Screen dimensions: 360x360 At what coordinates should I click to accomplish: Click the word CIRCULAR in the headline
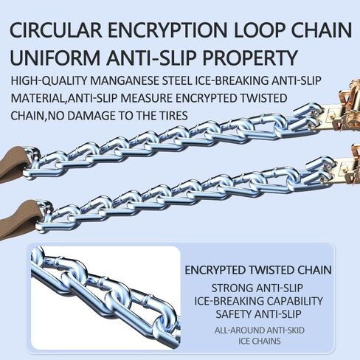56,30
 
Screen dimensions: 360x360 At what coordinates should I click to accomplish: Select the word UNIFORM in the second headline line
55,58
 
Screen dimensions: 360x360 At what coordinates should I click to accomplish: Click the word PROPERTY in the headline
250,58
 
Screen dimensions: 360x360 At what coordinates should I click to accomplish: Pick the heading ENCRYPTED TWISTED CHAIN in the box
258,270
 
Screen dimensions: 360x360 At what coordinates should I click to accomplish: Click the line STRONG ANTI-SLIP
257,288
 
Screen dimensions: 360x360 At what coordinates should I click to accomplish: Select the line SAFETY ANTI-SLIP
258,314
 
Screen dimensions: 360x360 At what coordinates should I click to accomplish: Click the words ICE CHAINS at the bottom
260,342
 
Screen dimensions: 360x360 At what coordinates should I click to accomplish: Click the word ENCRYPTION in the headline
167,30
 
